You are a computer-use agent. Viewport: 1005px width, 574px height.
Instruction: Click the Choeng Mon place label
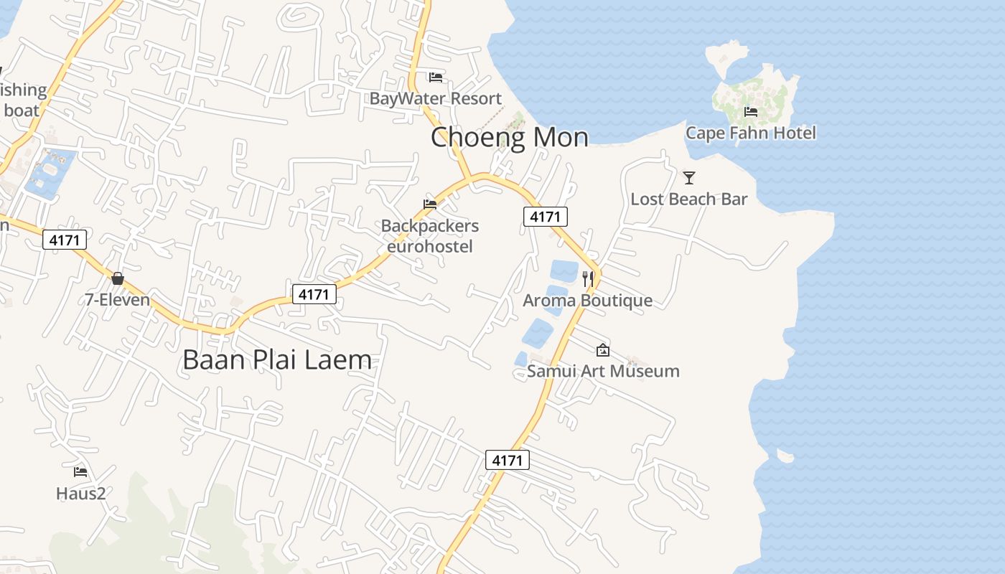coord(509,137)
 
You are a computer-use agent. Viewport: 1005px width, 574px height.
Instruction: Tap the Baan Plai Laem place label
coord(277,359)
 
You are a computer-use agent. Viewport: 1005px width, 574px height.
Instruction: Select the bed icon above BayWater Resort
coord(436,77)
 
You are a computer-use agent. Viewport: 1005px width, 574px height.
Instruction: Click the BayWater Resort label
coord(435,98)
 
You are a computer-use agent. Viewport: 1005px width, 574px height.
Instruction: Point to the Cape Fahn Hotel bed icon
coord(751,112)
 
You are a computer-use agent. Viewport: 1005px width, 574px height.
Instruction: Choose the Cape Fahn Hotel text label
coord(751,133)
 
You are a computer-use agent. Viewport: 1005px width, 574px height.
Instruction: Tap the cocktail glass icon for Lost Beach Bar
coord(689,178)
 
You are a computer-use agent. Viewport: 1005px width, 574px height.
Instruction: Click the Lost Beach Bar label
coord(689,199)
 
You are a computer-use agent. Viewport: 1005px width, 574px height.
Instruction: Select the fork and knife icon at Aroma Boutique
coord(588,278)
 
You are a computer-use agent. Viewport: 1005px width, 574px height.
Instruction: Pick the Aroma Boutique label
coord(587,300)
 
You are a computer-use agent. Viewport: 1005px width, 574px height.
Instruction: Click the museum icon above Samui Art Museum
coord(603,350)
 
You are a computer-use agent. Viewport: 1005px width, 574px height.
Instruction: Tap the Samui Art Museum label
coord(603,371)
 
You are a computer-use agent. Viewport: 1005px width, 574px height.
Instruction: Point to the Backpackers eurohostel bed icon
coord(430,204)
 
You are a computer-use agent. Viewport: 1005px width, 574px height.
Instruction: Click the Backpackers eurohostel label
coord(430,236)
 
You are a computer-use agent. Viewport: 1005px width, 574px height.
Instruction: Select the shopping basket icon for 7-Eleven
coord(118,278)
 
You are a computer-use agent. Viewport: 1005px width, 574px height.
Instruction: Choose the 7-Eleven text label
coord(118,299)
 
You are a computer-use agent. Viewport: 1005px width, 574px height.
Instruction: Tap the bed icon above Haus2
coord(80,472)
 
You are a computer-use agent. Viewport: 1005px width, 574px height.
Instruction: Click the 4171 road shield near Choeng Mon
coord(546,216)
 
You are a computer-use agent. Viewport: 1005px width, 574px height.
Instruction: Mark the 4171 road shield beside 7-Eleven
coord(65,240)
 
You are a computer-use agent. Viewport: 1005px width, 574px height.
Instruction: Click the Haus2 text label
coord(80,493)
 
